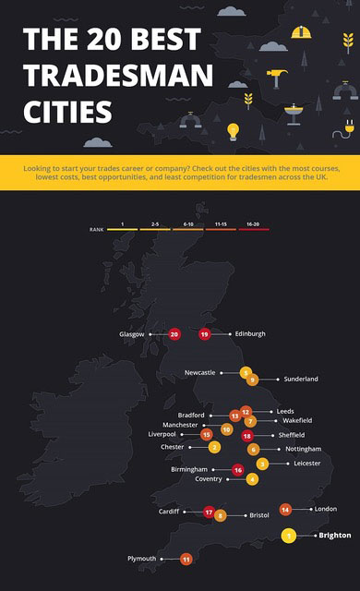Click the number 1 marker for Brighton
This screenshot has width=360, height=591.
289,535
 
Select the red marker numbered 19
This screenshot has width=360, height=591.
204,333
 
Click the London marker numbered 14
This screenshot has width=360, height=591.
285,509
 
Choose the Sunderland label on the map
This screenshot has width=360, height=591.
301,379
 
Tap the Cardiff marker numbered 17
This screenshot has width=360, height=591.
209,512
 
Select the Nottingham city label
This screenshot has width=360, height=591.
303,449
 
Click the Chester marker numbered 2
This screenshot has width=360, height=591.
214,447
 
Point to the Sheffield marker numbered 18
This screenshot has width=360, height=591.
246,435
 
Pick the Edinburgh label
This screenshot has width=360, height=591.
250,333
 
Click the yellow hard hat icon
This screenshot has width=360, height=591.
301,32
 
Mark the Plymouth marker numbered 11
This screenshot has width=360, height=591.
186,559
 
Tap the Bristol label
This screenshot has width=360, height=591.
258,515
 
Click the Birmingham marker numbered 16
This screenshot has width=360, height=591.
238,470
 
